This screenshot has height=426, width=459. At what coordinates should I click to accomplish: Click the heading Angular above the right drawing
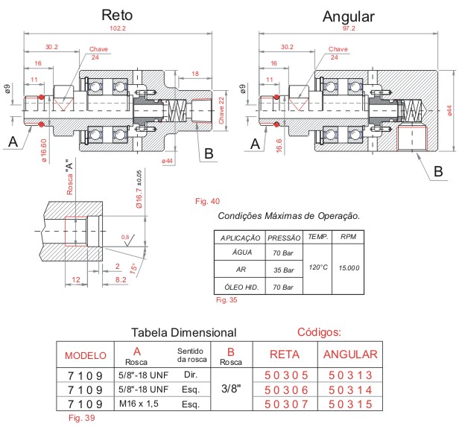click(x=348, y=16)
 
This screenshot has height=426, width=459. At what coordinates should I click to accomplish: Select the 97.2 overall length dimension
click(x=349, y=28)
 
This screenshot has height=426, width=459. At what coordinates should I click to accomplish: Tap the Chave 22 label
click(x=221, y=109)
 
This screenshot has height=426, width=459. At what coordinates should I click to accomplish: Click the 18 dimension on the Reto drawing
click(x=195, y=74)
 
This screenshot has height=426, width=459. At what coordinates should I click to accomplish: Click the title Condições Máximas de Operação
click(x=289, y=216)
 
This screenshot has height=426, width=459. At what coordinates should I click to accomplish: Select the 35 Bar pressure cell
click(x=282, y=269)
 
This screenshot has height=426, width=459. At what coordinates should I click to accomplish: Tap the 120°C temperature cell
click(x=318, y=267)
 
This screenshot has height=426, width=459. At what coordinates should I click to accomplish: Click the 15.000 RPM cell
click(x=349, y=267)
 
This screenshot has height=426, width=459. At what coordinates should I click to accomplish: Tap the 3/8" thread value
click(x=230, y=389)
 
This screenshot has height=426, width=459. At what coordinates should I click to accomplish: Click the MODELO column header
click(x=86, y=355)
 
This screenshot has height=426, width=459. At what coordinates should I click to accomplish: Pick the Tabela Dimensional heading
click(x=183, y=332)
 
